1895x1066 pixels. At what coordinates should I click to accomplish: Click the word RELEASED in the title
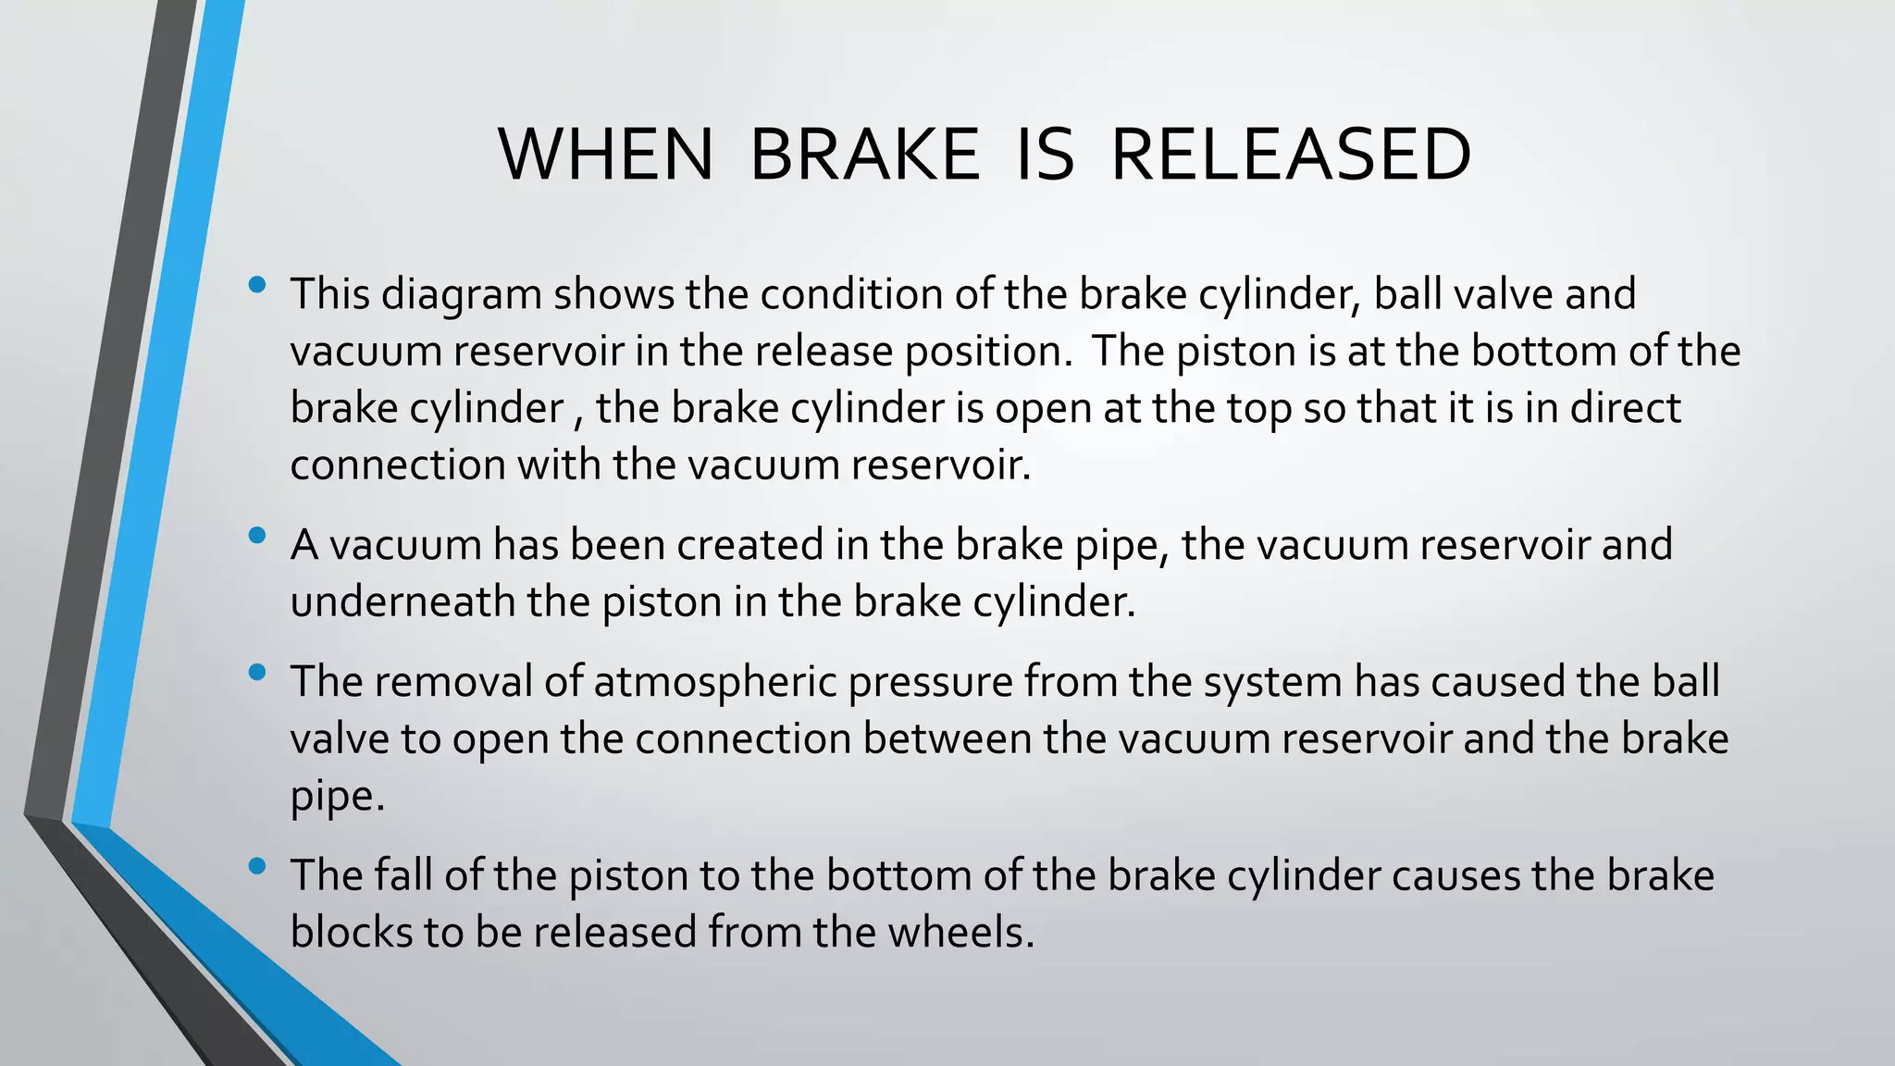(1290, 155)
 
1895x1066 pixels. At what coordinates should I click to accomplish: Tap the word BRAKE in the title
(864, 155)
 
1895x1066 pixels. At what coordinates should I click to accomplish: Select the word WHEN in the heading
(606, 155)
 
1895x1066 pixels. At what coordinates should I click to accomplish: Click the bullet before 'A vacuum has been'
(258, 535)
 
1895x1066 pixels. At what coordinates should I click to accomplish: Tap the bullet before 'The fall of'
(258, 866)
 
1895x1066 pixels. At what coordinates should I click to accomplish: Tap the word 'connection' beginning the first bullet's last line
(397, 465)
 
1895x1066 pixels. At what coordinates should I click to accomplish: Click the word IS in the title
(1045, 155)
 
